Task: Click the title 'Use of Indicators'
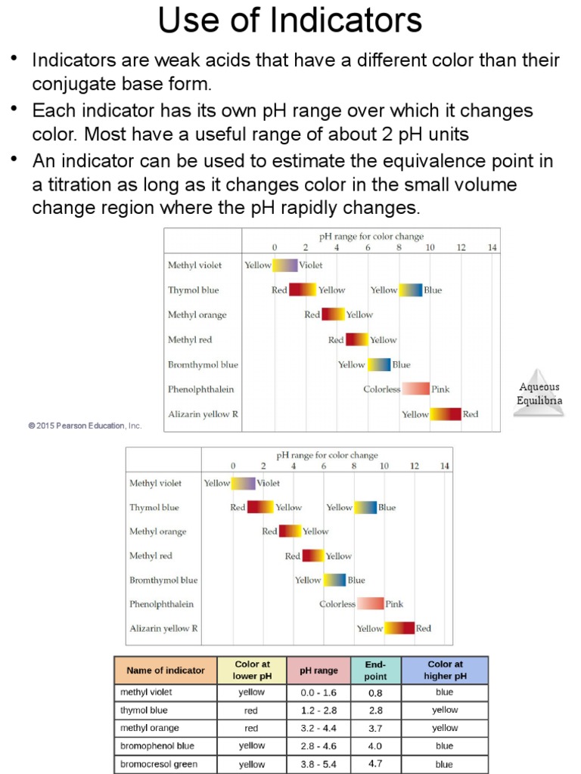[x=290, y=21]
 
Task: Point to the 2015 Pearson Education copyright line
[x=85, y=426]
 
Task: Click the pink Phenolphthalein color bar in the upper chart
[x=415, y=389]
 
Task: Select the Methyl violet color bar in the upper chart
[x=285, y=265]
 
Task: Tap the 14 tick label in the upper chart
[x=492, y=248]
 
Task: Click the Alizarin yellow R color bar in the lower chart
[x=399, y=628]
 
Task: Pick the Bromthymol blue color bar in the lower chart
[x=335, y=580]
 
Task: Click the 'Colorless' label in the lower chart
[x=337, y=604]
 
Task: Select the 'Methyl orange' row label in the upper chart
[x=197, y=315]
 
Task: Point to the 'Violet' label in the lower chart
[x=268, y=483]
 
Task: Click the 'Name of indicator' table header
[x=166, y=670]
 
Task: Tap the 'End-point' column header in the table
[x=375, y=670]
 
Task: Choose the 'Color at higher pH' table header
[x=445, y=670]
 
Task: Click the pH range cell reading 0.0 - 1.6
[x=318, y=692]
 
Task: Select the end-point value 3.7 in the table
[x=375, y=728]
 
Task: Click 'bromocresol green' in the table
[x=159, y=764]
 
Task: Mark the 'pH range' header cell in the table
[x=318, y=670]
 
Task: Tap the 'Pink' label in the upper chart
[x=440, y=389]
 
